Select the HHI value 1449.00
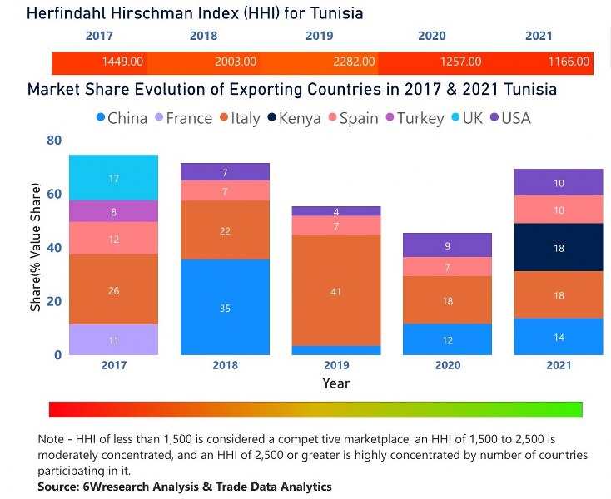point(122,62)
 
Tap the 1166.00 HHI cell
point(569,62)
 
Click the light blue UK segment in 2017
point(114,178)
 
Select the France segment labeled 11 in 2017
point(114,339)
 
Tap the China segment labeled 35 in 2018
point(225,307)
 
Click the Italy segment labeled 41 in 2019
point(335,290)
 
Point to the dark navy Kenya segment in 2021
point(559,247)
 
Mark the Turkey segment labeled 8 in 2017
point(114,211)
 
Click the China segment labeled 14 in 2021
point(559,336)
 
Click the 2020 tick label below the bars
point(447,365)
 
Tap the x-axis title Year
point(336,383)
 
